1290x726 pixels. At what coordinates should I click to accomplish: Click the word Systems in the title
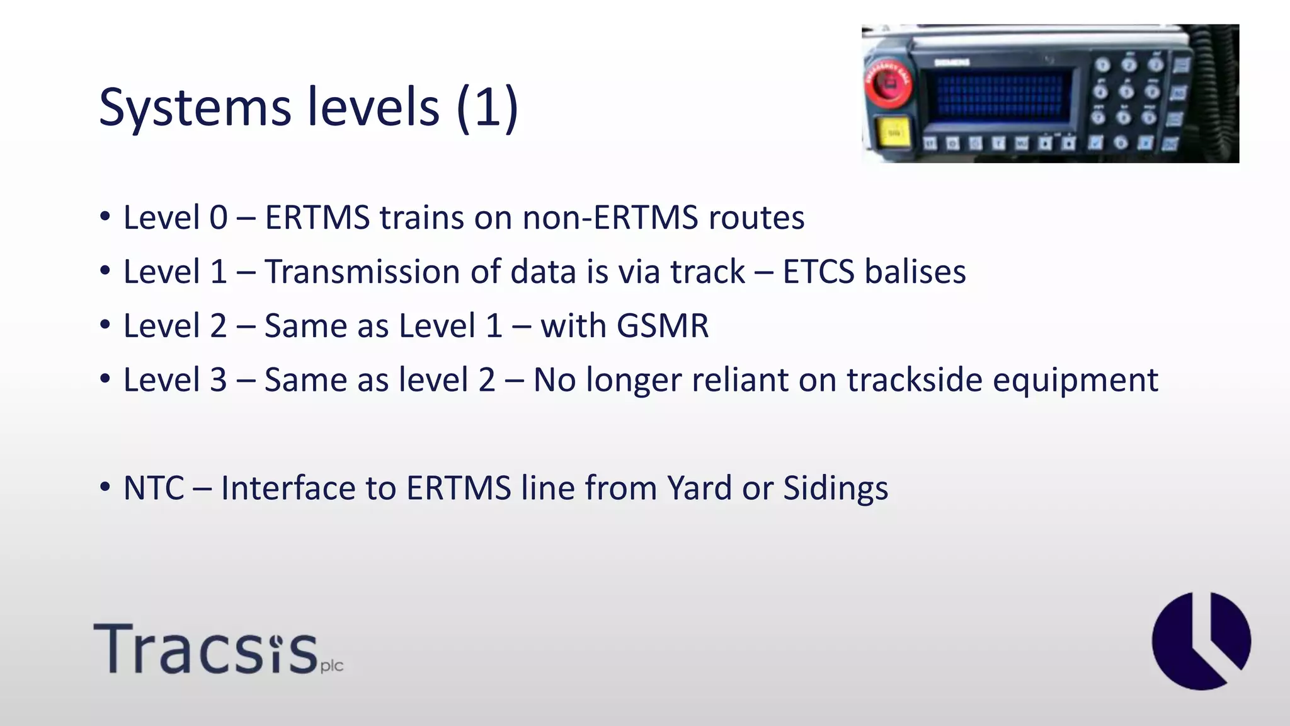[195, 108]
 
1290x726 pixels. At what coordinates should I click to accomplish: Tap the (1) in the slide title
[487, 107]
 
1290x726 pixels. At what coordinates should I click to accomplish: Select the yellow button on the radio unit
[894, 133]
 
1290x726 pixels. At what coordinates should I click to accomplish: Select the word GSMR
[662, 326]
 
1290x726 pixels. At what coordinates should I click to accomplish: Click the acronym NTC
[154, 488]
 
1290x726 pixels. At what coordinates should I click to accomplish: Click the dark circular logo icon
[1201, 641]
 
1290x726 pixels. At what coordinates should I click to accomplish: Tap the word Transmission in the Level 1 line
[362, 272]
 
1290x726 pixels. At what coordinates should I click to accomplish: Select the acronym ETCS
[818, 272]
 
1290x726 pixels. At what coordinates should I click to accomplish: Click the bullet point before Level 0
[105, 217]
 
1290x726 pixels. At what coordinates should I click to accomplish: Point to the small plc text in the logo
[331, 667]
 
